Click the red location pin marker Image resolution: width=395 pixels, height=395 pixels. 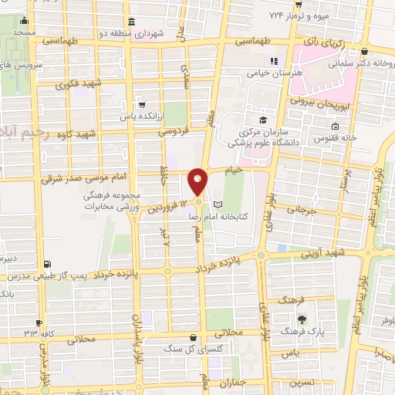tap(198, 181)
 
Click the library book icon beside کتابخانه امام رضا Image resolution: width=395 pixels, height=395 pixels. tap(218, 204)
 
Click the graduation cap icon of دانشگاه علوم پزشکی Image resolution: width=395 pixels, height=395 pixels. tap(263, 120)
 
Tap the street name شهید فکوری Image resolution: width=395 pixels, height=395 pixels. tap(83, 83)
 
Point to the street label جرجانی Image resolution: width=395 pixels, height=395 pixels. tap(302, 208)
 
